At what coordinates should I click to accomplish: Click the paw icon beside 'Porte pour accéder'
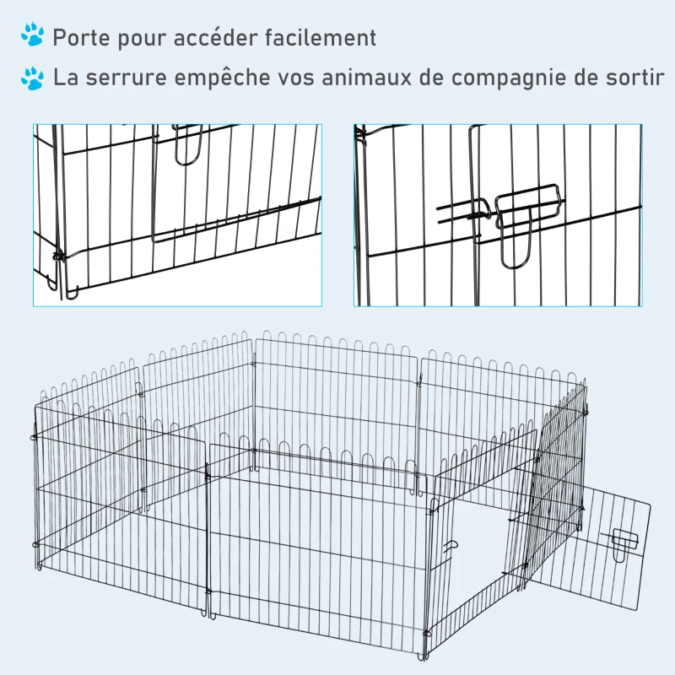point(33,35)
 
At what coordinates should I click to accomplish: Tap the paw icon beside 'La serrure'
point(33,78)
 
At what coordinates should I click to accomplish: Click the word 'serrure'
point(132,78)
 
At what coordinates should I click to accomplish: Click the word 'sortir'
point(634,78)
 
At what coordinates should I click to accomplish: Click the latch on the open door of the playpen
point(624,542)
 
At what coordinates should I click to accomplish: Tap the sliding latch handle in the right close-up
point(528,207)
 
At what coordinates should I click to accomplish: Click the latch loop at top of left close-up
point(186,143)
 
